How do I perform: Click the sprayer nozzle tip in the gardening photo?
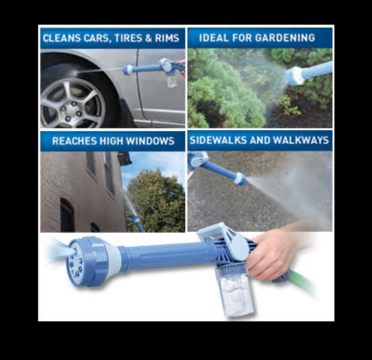296,76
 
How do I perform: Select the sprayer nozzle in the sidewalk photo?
241,178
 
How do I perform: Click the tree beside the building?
156,200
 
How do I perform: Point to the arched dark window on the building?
67,215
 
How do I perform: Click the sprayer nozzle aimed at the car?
128,69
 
